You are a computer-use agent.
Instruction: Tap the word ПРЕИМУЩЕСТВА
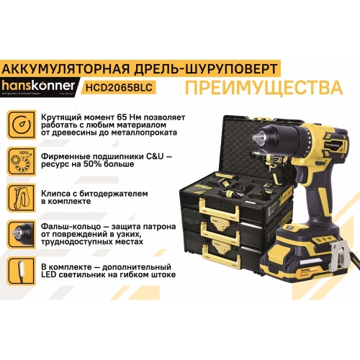click(262, 87)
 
